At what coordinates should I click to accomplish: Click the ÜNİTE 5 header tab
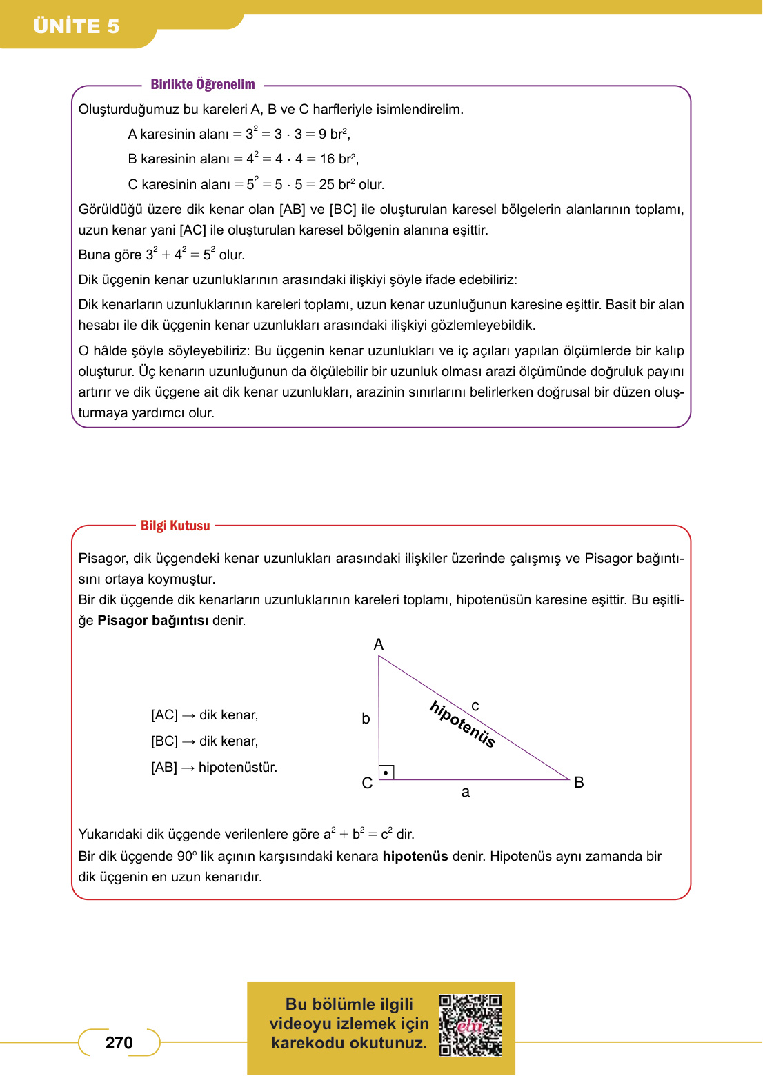[77, 26]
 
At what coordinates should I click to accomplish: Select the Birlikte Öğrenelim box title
[203, 84]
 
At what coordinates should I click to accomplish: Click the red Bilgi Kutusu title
[175, 526]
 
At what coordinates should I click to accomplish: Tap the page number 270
[119, 1042]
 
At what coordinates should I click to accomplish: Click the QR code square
[470, 1025]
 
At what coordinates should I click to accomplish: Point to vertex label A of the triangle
[379, 644]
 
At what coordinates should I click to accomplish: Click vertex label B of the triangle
[579, 782]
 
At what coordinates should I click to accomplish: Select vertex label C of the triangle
[367, 783]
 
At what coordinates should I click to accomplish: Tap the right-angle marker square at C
[386, 773]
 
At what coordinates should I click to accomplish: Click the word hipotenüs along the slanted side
[462, 724]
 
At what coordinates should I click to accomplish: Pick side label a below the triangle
[466, 793]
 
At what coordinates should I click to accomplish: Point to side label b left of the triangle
[366, 719]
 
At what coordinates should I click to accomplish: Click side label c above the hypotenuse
[475, 706]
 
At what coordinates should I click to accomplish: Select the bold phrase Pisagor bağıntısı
[152, 620]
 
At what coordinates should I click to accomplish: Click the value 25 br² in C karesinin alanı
[337, 184]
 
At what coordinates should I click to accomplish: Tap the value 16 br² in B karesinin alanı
[338, 159]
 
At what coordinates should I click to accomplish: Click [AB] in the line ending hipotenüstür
[164, 767]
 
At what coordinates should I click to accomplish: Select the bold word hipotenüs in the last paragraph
[415, 856]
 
